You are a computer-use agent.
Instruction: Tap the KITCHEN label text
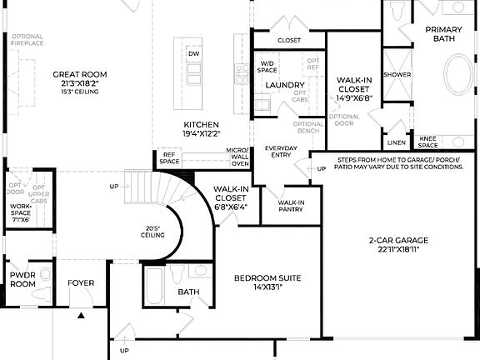coord(201,124)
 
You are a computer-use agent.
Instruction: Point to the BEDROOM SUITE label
coord(267,277)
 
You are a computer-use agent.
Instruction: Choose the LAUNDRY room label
coord(284,85)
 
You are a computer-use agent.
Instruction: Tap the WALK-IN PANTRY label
coord(291,206)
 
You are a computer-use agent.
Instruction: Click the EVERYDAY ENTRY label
coord(281,152)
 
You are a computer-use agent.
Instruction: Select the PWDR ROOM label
coord(22,278)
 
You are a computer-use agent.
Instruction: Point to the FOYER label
coord(81,283)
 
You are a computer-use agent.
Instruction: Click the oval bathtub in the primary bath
coord(457,87)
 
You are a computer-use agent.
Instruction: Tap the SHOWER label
coord(397,75)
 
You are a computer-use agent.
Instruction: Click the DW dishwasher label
coord(193,53)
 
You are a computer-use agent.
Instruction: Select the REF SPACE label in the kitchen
coord(170,157)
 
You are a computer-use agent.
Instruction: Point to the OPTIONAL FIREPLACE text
coord(27,40)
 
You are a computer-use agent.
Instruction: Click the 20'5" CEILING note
coord(151,232)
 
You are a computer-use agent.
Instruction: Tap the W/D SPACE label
coord(267,67)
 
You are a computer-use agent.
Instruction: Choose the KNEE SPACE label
coord(427,142)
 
